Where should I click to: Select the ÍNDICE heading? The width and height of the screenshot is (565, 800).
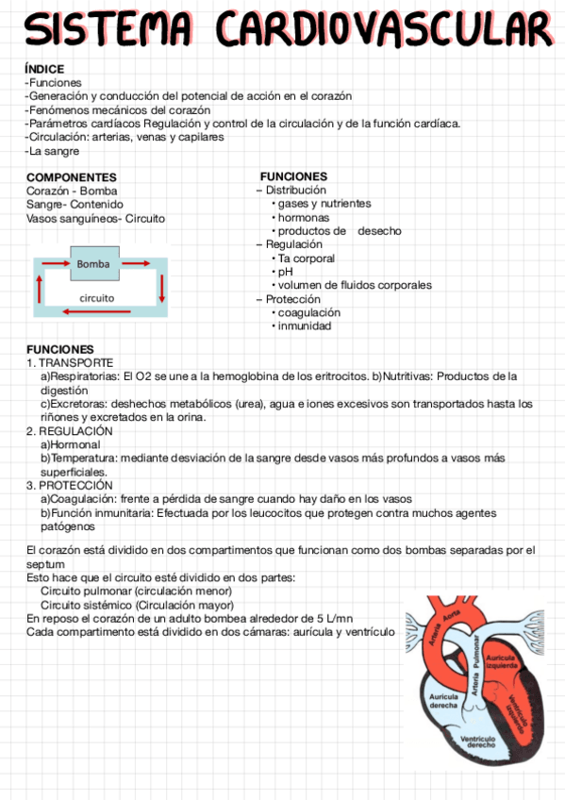tap(44, 69)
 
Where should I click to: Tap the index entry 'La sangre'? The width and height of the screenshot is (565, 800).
tap(55, 151)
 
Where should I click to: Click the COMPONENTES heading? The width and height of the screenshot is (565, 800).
tap(72, 177)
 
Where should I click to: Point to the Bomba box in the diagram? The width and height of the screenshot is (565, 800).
tap(93, 264)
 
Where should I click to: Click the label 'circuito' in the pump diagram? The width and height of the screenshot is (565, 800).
tap(96, 297)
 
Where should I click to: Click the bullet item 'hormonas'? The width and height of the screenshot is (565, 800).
tap(303, 218)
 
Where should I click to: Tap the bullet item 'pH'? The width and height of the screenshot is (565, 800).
tap(286, 272)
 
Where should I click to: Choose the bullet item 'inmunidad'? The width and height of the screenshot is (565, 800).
tap(304, 326)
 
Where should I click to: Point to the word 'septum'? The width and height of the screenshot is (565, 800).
tap(45, 564)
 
